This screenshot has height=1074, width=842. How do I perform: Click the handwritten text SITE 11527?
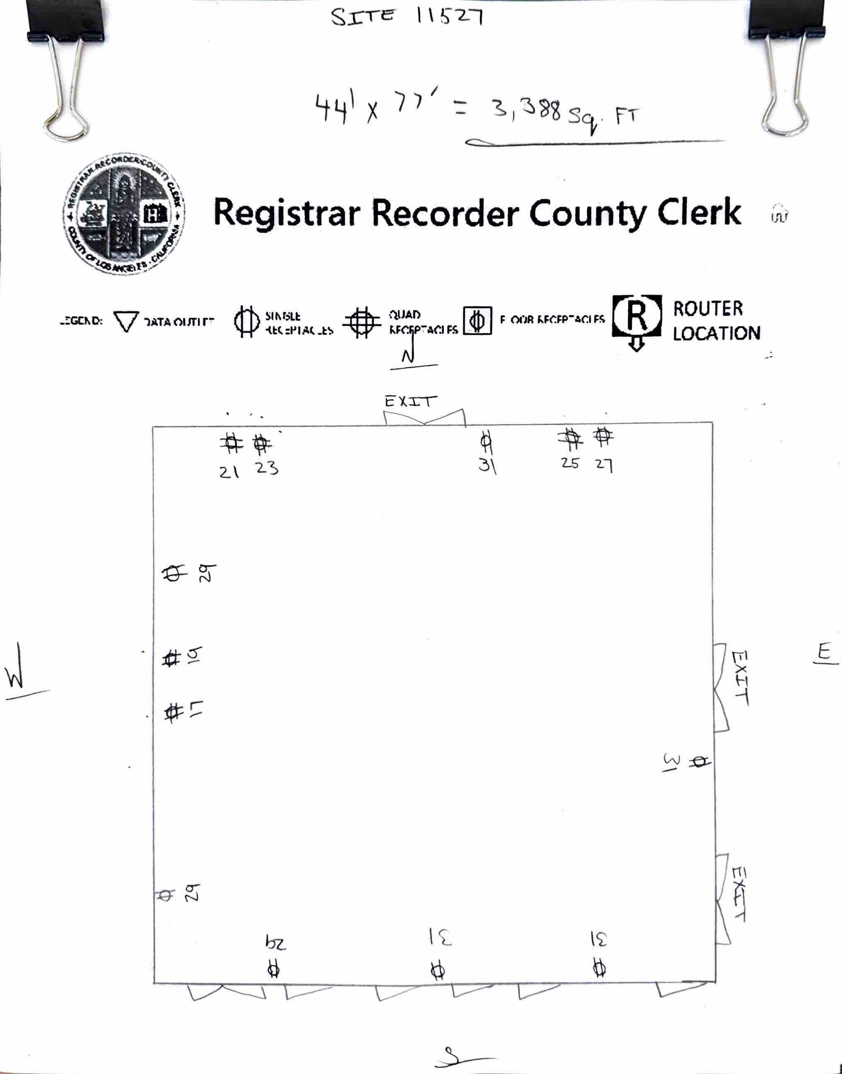click(x=406, y=17)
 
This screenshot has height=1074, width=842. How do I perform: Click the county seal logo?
click(x=124, y=214)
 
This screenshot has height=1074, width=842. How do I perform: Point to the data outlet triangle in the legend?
click(x=126, y=321)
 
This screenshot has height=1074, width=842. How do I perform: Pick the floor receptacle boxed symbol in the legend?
click(x=477, y=321)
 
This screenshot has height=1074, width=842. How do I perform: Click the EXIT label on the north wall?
click(x=410, y=401)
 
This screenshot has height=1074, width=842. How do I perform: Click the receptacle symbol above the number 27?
click(x=603, y=436)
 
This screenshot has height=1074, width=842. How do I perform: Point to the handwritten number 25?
click(x=569, y=463)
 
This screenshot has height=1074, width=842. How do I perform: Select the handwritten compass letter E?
click(x=824, y=652)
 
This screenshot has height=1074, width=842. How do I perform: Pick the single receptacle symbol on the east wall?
click(x=699, y=762)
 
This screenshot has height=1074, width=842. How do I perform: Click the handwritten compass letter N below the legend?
click(x=408, y=355)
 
